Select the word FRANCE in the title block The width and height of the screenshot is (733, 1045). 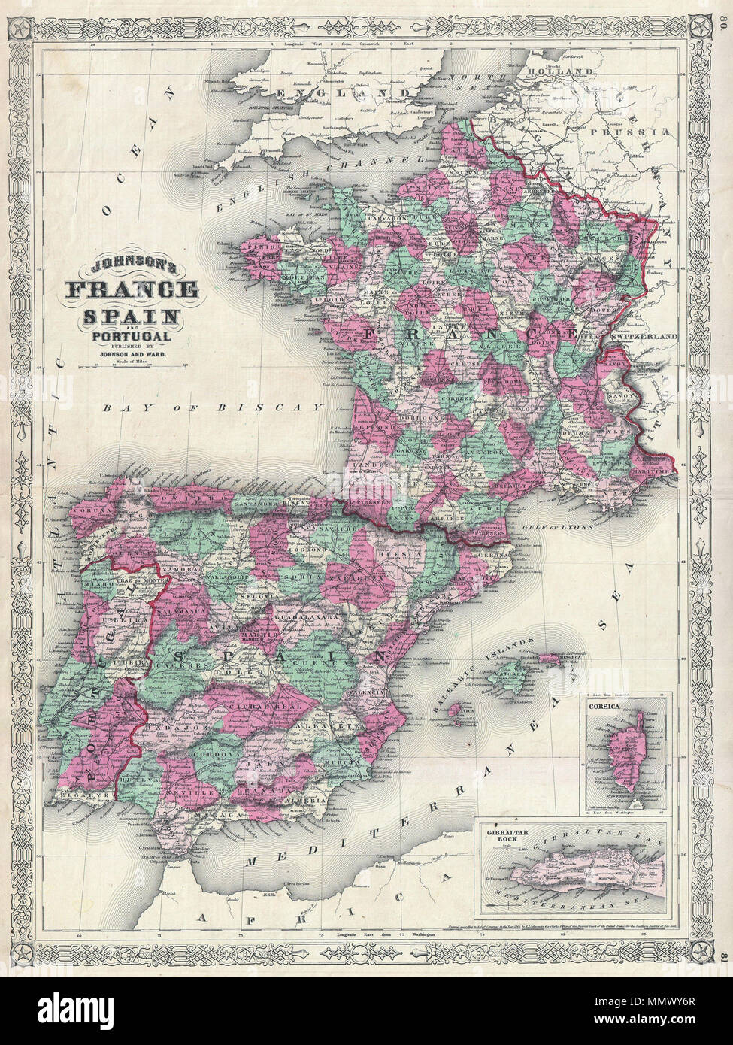(132, 289)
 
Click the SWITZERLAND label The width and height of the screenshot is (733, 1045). (645, 338)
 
